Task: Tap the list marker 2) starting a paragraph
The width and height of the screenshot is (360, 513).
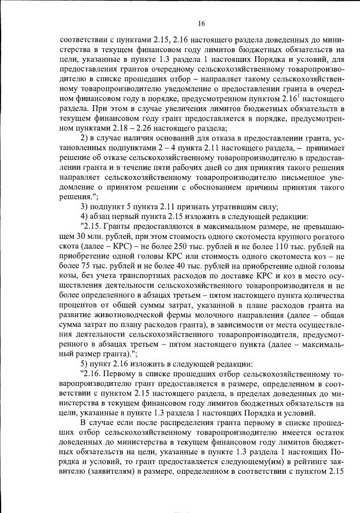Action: (x=85, y=138)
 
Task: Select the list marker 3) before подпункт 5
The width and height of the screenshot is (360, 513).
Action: (x=85, y=207)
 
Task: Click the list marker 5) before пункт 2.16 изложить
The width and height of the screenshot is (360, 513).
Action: (x=85, y=363)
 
